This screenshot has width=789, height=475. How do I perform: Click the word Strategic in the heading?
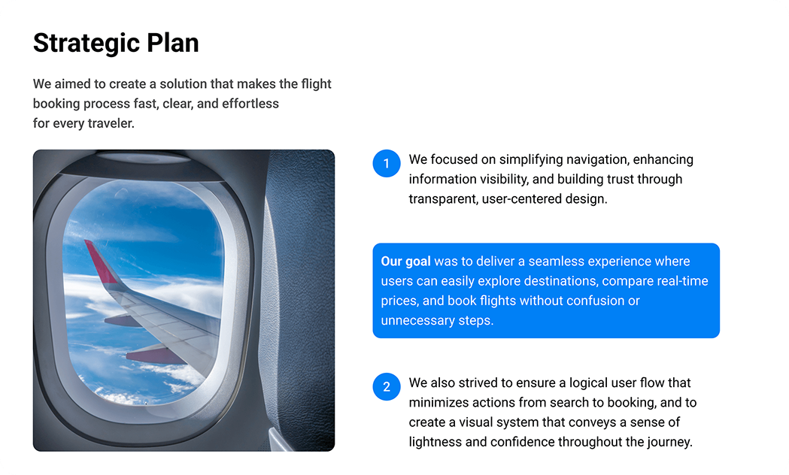(x=86, y=44)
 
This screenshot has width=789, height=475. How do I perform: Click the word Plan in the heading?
(x=172, y=43)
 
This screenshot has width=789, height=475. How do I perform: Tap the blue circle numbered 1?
(x=387, y=163)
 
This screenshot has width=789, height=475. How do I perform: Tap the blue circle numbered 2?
(x=387, y=386)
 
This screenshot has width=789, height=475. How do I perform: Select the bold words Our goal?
(x=405, y=262)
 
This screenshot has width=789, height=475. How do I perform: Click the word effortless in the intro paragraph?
(x=250, y=104)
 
